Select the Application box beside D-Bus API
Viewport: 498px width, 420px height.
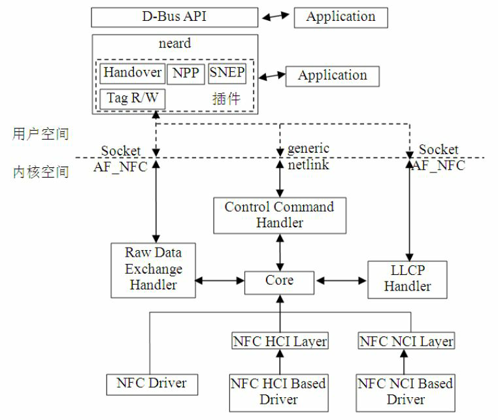(340, 17)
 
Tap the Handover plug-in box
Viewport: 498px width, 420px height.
(133, 73)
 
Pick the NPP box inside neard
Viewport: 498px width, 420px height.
(186, 73)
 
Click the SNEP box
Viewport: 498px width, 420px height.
(227, 73)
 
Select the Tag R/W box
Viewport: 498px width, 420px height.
(133, 99)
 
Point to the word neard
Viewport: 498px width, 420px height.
(174, 44)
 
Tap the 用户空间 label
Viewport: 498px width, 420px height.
(41, 134)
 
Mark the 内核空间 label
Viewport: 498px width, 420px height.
(41, 172)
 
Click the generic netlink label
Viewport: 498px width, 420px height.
(308, 157)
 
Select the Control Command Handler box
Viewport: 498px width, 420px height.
(279, 215)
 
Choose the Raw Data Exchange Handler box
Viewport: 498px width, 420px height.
(153, 268)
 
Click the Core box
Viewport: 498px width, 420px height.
(279, 281)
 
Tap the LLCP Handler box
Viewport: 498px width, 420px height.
(407, 279)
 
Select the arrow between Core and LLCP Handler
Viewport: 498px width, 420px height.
(340, 281)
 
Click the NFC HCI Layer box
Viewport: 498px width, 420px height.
(279, 341)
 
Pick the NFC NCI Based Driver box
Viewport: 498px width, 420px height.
(405, 391)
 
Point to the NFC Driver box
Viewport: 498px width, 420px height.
(152, 383)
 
